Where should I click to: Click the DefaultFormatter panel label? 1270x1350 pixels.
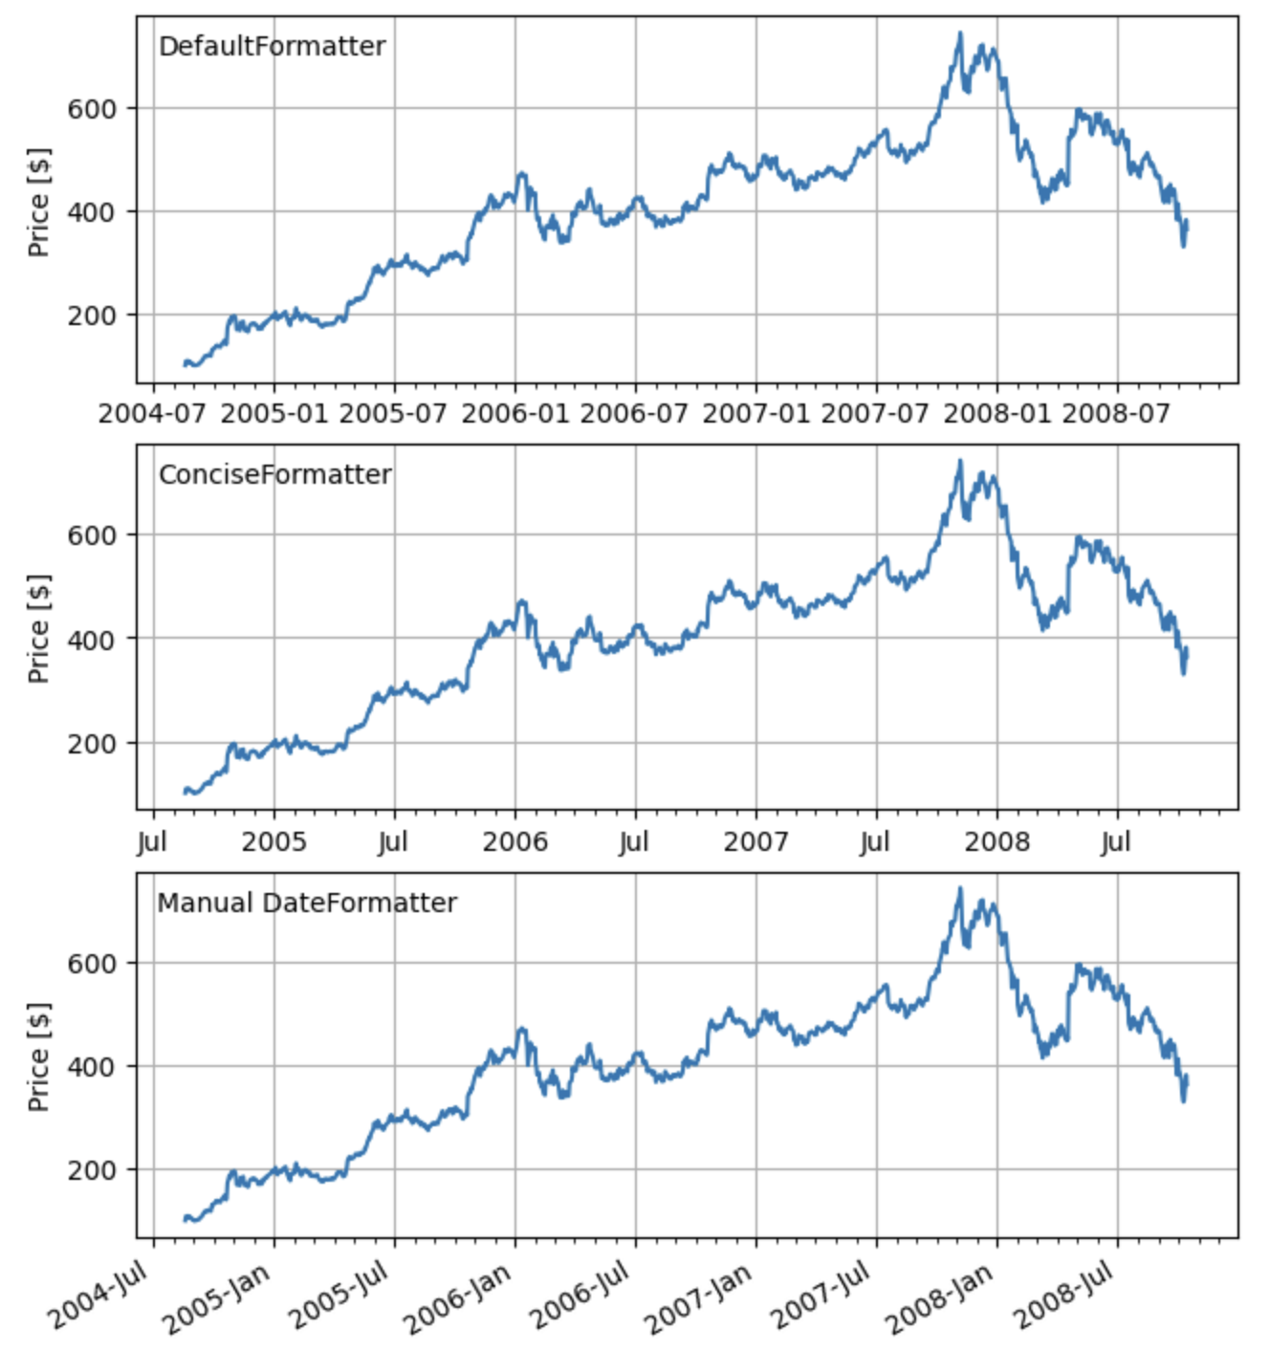(x=272, y=46)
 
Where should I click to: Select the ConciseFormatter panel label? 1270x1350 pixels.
(x=274, y=474)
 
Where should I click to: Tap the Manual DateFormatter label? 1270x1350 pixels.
(x=307, y=903)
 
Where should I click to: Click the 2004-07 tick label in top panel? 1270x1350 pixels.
(x=152, y=414)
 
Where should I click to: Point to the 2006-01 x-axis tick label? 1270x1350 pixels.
(x=515, y=414)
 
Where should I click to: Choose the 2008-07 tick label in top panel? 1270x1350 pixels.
(x=1116, y=414)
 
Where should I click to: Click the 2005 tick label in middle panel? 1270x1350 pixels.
(x=274, y=842)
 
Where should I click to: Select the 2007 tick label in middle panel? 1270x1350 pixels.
(x=755, y=842)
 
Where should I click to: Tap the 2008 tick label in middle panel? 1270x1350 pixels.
(x=996, y=842)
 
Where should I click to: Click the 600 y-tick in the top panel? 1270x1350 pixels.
(x=92, y=109)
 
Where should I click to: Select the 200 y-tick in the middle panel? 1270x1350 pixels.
(x=92, y=743)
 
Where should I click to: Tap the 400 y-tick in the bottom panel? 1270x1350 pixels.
(x=92, y=1066)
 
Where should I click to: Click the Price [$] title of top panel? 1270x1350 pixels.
(x=39, y=202)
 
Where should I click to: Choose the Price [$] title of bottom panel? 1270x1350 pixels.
(x=39, y=1056)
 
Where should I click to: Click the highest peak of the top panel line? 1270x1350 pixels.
(x=959, y=33)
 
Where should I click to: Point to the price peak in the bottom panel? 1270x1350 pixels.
(x=959, y=889)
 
